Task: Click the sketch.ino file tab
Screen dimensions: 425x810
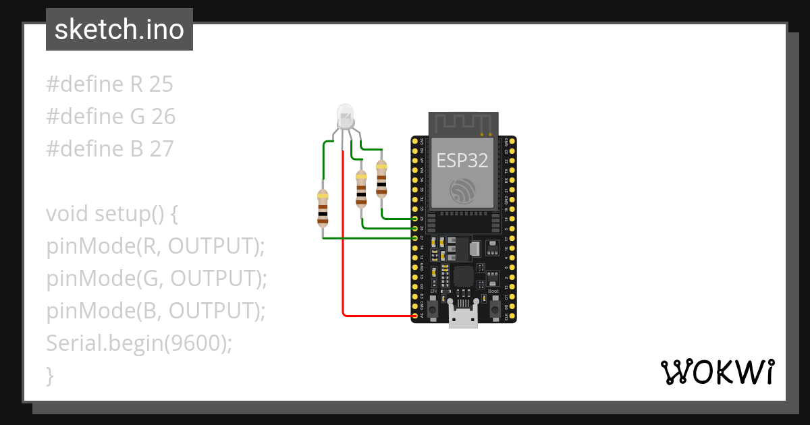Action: [119, 30]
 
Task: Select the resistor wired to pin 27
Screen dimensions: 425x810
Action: [323, 208]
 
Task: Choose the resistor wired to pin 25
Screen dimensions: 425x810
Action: [381, 179]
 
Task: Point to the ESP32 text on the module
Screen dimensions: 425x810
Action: [462, 160]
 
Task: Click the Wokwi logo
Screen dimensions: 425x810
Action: [717, 372]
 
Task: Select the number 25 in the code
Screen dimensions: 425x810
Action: [161, 84]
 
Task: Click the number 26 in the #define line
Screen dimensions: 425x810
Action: [163, 117]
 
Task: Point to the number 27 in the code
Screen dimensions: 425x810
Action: [161, 148]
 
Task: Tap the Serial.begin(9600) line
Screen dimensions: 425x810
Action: [139, 343]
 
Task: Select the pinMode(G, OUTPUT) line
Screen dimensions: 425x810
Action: [157, 279]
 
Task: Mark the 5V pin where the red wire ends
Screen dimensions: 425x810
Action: [414, 316]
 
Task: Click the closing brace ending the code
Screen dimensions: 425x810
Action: [50, 375]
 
